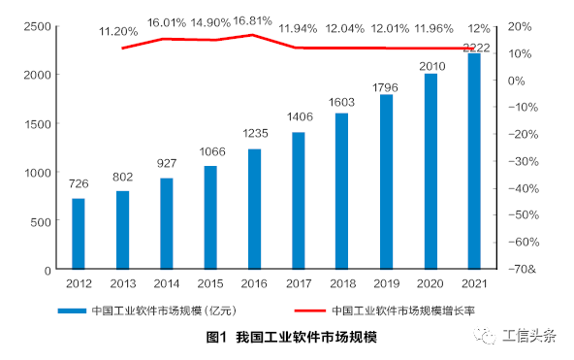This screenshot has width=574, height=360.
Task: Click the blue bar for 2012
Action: pos(79,234)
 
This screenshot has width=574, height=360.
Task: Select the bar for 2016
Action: pos(255,209)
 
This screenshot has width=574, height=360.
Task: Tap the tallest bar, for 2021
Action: pos(474,161)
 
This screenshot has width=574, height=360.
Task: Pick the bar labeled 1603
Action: pos(342,191)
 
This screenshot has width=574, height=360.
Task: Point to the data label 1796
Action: pos(386,87)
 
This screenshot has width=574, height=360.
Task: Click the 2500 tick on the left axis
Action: pos(36,25)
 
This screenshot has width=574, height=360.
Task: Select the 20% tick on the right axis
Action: pos(520,26)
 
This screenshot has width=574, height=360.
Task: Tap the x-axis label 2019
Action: pos(386,282)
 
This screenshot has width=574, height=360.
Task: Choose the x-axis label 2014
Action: pos(167,282)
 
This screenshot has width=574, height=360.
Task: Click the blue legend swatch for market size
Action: pos(71,311)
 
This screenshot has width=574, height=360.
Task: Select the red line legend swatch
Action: pos(309,311)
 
